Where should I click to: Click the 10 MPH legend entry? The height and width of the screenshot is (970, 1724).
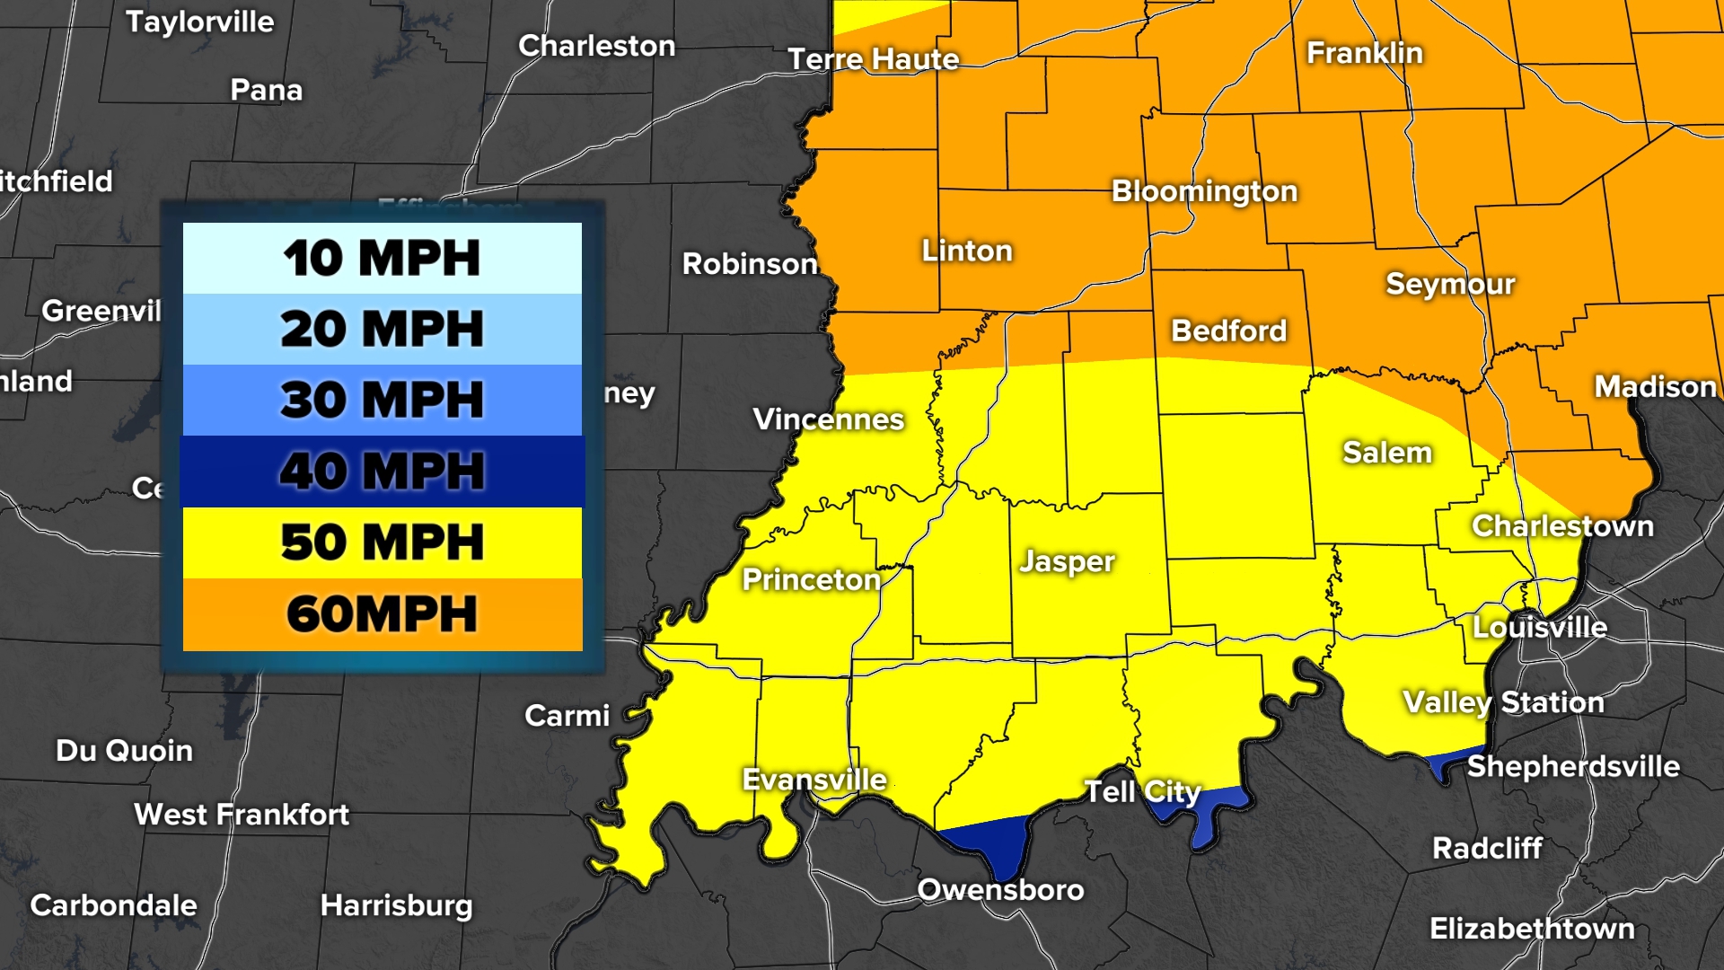[382, 258]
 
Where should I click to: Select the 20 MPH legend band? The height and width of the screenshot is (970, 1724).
[382, 329]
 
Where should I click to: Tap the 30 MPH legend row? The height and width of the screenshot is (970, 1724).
[382, 400]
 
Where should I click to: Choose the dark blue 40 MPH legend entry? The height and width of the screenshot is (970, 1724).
[382, 471]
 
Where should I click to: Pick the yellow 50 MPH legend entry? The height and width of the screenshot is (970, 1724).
[382, 542]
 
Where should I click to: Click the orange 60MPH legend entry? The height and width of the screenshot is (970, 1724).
[382, 614]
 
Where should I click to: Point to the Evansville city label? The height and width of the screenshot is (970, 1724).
[814, 780]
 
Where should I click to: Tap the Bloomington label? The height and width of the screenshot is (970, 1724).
[1204, 191]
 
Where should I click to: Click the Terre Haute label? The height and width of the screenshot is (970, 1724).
[874, 59]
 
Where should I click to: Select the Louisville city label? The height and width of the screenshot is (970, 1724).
[1539, 627]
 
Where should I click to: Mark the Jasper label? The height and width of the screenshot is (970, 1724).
[1067, 562]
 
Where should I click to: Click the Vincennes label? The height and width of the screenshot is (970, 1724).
[828, 419]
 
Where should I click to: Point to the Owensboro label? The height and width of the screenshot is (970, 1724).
[1000, 889]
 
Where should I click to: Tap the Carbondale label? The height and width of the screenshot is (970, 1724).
[113, 905]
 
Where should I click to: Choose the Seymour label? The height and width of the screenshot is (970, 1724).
[1450, 285]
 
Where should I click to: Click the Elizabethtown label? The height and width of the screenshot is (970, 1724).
[1532, 929]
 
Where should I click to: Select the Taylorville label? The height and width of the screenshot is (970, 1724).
[199, 22]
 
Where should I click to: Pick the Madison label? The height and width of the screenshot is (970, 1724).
[1655, 387]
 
